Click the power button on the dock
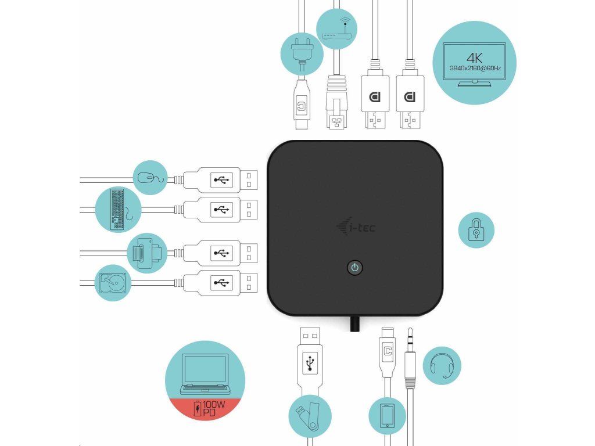[355, 268]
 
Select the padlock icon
[476, 230]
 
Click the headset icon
[442, 366]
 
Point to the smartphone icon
[388, 416]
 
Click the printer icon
[145, 253]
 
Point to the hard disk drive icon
[113, 283]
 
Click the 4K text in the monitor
[475, 57]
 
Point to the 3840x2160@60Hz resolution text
[475, 69]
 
